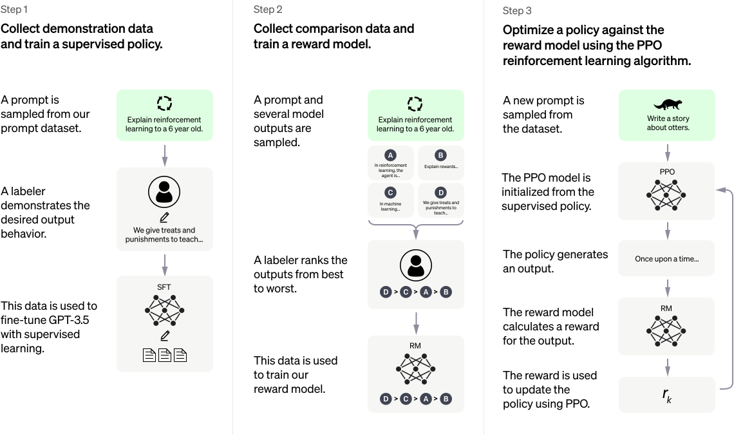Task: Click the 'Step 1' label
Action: (14, 9)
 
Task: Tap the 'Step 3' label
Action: (516, 10)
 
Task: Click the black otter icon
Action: (667, 104)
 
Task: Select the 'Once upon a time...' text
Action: (666, 259)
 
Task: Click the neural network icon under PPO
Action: (667, 194)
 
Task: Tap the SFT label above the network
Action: (164, 287)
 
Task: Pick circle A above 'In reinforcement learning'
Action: (390, 155)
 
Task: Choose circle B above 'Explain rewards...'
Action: (440, 155)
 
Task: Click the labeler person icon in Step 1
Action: (164, 191)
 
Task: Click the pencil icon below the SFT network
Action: (165, 336)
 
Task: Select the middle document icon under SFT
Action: (165, 355)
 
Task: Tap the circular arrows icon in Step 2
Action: (415, 104)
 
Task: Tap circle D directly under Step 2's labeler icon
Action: (386, 292)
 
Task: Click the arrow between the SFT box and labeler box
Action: (165, 264)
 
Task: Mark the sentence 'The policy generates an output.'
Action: (555, 261)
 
